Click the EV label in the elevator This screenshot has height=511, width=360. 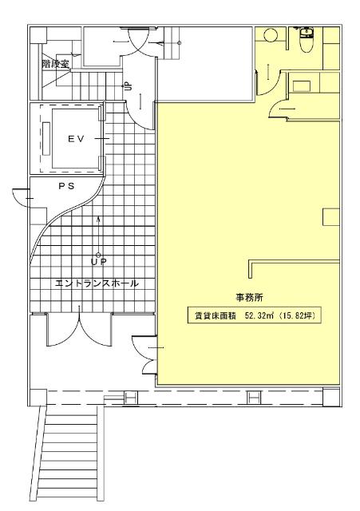point(76,139)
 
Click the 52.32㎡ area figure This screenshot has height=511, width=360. point(263,315)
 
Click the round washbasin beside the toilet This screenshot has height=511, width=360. point(270,34)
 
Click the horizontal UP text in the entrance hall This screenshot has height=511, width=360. point(98,262)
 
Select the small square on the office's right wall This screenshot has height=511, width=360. point(327,216)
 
